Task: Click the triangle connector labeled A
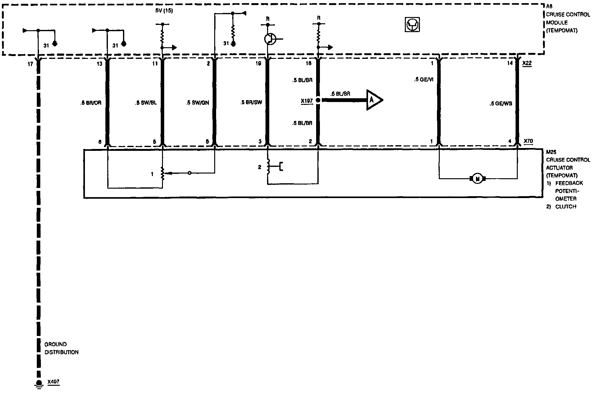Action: (x=373, y=100)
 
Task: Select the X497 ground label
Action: (x=53, y=382)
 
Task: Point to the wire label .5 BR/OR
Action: (x=91, y=103)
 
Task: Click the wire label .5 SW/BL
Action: (x=145, y=103)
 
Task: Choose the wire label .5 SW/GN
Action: (x=198, y=103)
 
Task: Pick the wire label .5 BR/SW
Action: (x=251, y=103)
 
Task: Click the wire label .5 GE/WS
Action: (x=500, y=103)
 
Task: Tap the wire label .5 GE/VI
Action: (x=423, y=80)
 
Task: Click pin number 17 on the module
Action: (x=30, y=64)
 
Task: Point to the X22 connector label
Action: (x=527, y=63)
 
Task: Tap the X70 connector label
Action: (x=528, y=141)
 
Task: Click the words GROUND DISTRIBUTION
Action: (x=61, y=348)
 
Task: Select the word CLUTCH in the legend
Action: (x=566, y=207)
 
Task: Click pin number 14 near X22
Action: (x=510, y=63)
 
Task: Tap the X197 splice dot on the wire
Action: (x=318, y=100)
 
